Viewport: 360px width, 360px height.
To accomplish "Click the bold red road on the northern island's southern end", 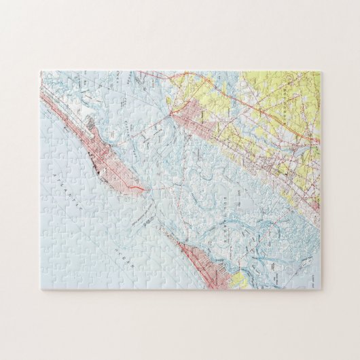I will click(x=133, y=185).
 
